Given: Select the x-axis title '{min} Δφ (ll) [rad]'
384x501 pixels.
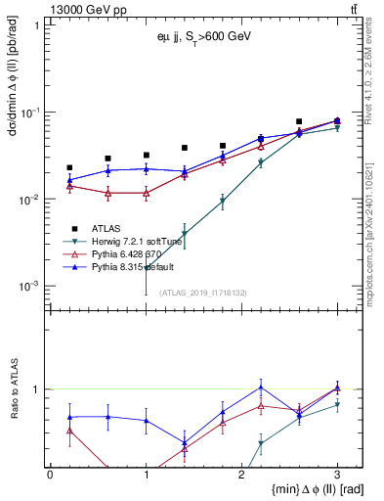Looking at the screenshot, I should pyautogui.click(x=293, y=489).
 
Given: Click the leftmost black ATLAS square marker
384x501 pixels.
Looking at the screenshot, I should pyautogui.click(x=69, y=167).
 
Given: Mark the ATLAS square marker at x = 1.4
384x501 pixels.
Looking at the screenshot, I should pyautogui.click(x=185, y=148).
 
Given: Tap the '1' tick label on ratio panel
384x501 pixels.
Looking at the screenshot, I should pyautogui.click(x=36, y=389).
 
